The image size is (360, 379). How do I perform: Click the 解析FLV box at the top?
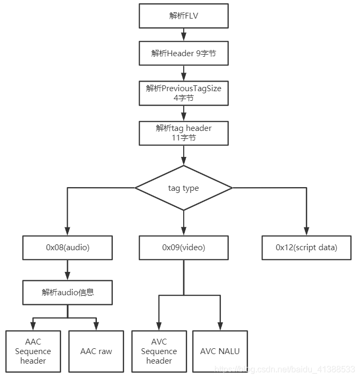click(184, 16)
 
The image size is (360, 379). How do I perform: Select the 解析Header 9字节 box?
click(184, 53)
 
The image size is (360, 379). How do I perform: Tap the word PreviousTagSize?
click(191, 89)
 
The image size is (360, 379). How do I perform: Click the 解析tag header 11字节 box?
click(184, 133)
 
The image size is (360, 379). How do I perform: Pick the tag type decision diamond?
click(184, 188)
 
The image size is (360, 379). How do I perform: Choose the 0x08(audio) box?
click(67, 248)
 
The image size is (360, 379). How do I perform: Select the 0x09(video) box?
click(184, 248)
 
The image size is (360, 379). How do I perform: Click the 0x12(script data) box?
click(307, 248)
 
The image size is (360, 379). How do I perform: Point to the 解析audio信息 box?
click(67, 293)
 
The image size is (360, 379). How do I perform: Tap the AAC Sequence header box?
click(33, 351)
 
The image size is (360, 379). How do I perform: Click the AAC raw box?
click(96, 351)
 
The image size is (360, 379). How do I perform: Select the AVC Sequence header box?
click(159, 351)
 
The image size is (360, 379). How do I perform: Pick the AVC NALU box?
click(220, 351)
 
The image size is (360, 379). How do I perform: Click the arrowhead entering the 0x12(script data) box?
click(307, 231)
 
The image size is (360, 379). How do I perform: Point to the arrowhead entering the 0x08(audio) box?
click(67, 231)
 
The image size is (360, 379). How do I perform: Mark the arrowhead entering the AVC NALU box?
click(220, 326)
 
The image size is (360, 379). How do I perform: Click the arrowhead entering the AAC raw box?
click(96, 326)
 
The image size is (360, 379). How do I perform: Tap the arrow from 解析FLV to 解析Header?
click(184, 34)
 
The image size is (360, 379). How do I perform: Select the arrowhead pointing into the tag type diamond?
click(184, 161)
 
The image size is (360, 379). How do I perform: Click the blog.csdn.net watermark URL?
click(285, 369)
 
